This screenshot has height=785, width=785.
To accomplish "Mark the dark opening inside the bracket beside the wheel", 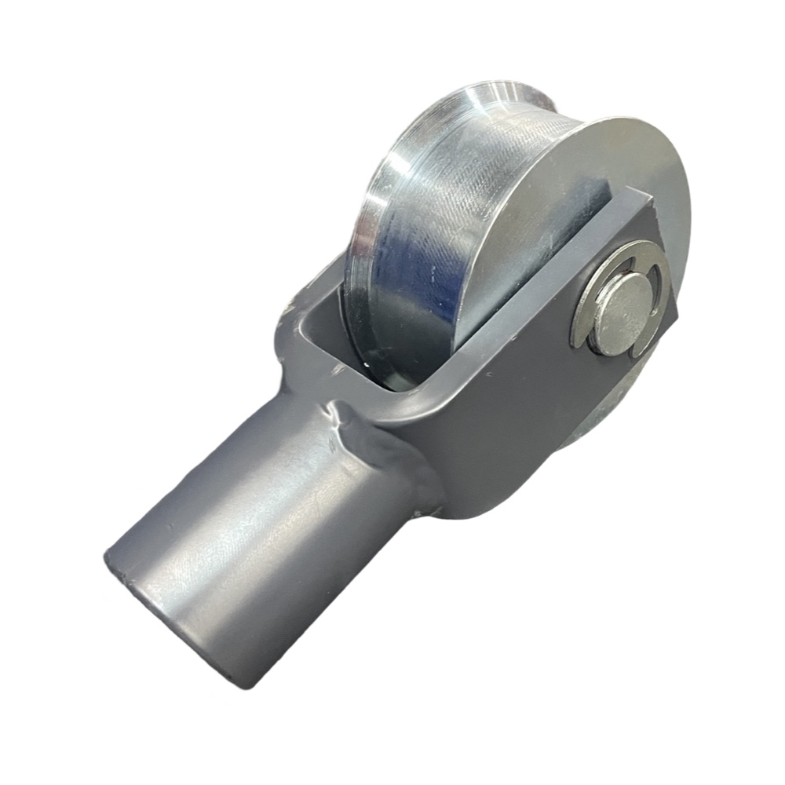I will [x=345, y=338].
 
